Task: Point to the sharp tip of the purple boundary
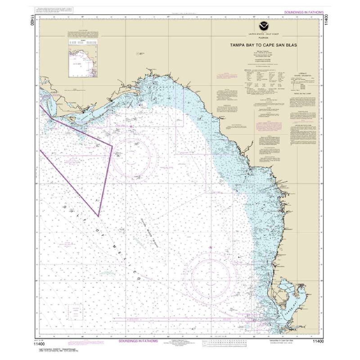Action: coord(99,216)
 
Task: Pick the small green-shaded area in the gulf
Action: coord(106,273)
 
